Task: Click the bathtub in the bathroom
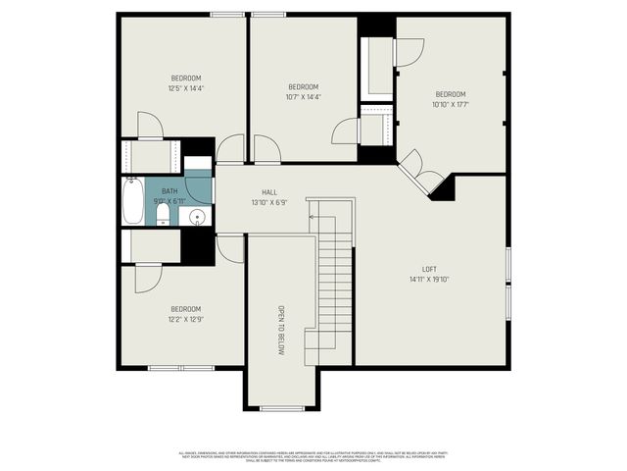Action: coord(133,201)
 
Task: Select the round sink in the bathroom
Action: coord(196,215)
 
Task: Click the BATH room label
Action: coord(169,191)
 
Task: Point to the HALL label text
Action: coord(268,192)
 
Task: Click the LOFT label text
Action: coord(429,269)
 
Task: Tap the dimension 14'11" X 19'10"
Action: coord(429,279)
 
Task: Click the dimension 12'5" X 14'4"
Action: coord(186,88)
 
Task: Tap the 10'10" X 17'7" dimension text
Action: coord(450,104)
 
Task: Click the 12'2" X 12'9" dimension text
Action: coord(186,318)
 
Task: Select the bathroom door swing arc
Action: coord(198,188)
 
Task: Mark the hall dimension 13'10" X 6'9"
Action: coord(268,202)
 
